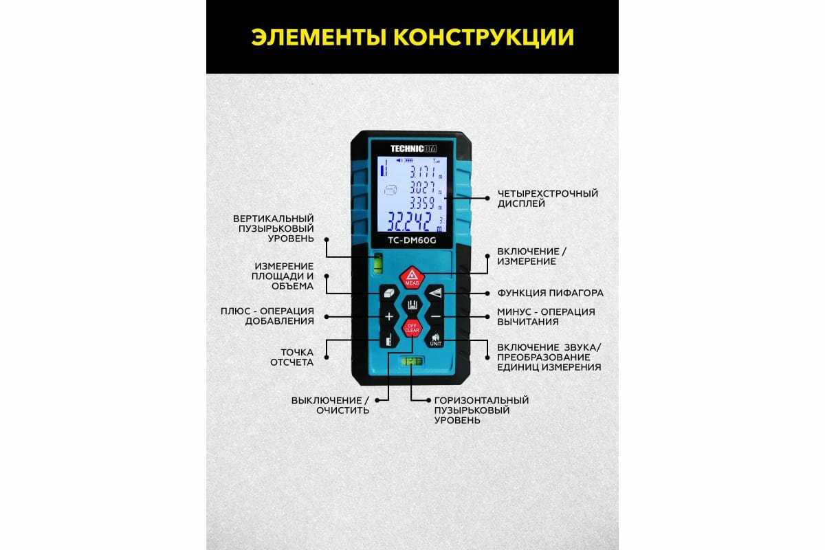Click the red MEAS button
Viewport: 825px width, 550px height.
(x=412, y=277)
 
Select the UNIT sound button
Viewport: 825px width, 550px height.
(x=435, y=340)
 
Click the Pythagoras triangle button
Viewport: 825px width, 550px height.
(x=434, y=293)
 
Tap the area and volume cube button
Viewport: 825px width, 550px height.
(x=389, y=293)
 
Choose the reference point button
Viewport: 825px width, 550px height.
(x=389, y=340)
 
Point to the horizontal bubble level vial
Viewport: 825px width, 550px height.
(x=412, y=360)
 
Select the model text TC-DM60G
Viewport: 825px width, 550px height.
(x=412, y=239)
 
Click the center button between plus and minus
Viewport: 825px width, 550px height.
(x=412, y=305)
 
